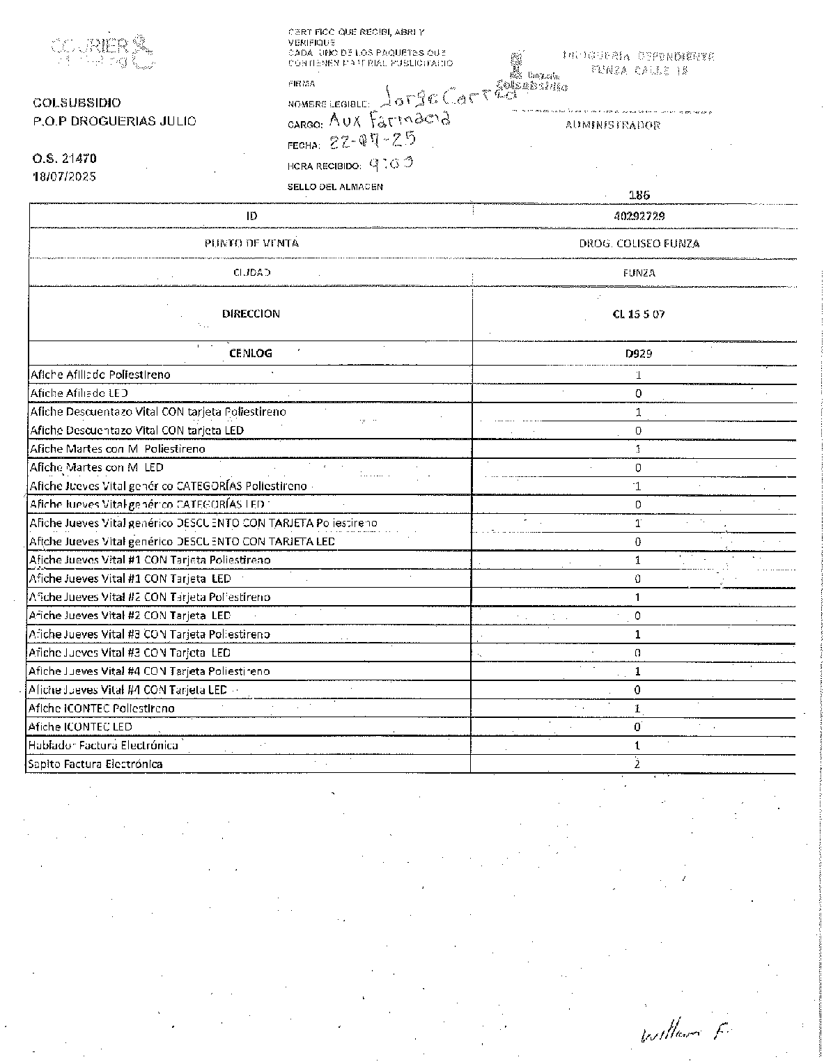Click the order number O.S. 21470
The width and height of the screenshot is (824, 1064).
pyautogui.click(x=65, y=159)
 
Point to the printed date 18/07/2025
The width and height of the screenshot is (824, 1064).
pyautogui.click(x=65, y=176)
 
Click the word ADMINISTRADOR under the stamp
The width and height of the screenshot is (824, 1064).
pyautogui.click(x=613, y=125)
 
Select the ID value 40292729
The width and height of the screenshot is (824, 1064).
pyautogui.click(x=639, y=216)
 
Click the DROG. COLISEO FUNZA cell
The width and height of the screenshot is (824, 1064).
pyautogui.click(x=639, y=244)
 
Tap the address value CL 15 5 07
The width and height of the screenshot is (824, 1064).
pyautogui.click(x=639, y=314)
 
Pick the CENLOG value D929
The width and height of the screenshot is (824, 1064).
pyautogui.click(x=639, y=354)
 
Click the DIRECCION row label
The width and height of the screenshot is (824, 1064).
pyautogui.click(x=251, y=314)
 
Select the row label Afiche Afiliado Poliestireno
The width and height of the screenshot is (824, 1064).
pyautogui.click(x=100, y=375)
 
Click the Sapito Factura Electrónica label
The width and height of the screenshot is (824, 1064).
pyautogui.click(x=95, y=764)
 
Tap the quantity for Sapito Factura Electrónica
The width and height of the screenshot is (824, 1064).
pyautogui.click(x=637, y=764)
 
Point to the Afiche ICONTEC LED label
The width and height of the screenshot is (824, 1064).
pyautogui.click(x=80, y=727)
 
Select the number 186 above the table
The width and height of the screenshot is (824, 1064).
pyautogui.click(x=639, y=196)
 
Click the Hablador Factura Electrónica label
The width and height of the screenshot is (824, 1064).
pyautogui.click(x=103, y=745)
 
